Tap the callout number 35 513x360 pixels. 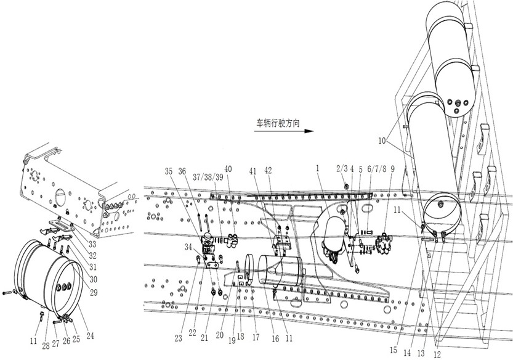click(169, 171)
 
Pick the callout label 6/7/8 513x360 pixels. click(376, 169)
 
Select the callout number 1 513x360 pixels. click(317, 168)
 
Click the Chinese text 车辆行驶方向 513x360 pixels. click(278, 123)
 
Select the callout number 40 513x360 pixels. click(228, 169)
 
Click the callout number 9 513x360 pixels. click(393, 169)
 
